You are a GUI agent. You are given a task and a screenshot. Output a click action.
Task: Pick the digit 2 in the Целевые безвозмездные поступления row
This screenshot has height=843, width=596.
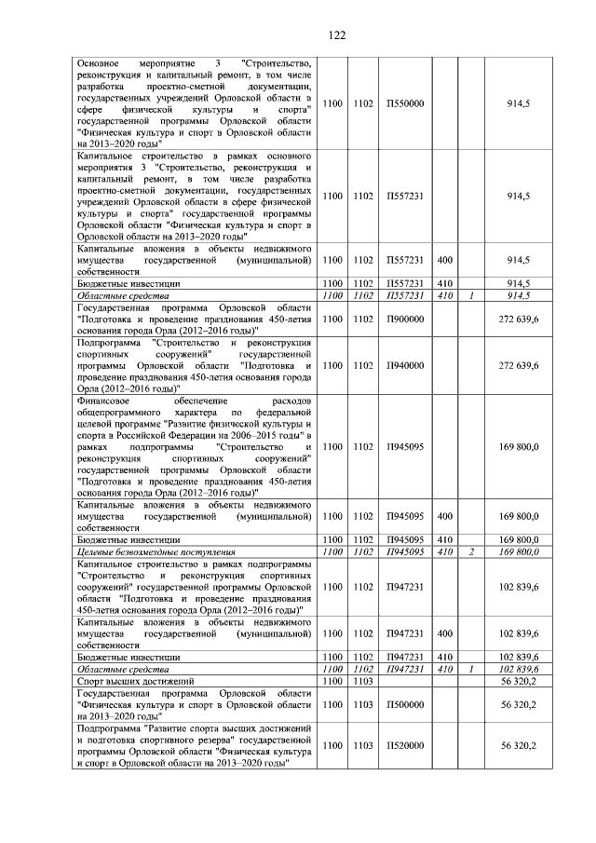[472, 552]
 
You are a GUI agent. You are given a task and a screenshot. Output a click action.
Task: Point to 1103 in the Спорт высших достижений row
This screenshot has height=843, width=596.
[363, 682]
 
